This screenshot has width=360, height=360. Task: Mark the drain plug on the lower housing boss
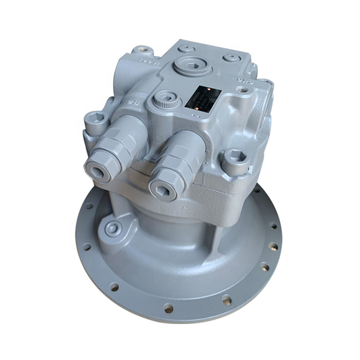coord(112,230)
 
